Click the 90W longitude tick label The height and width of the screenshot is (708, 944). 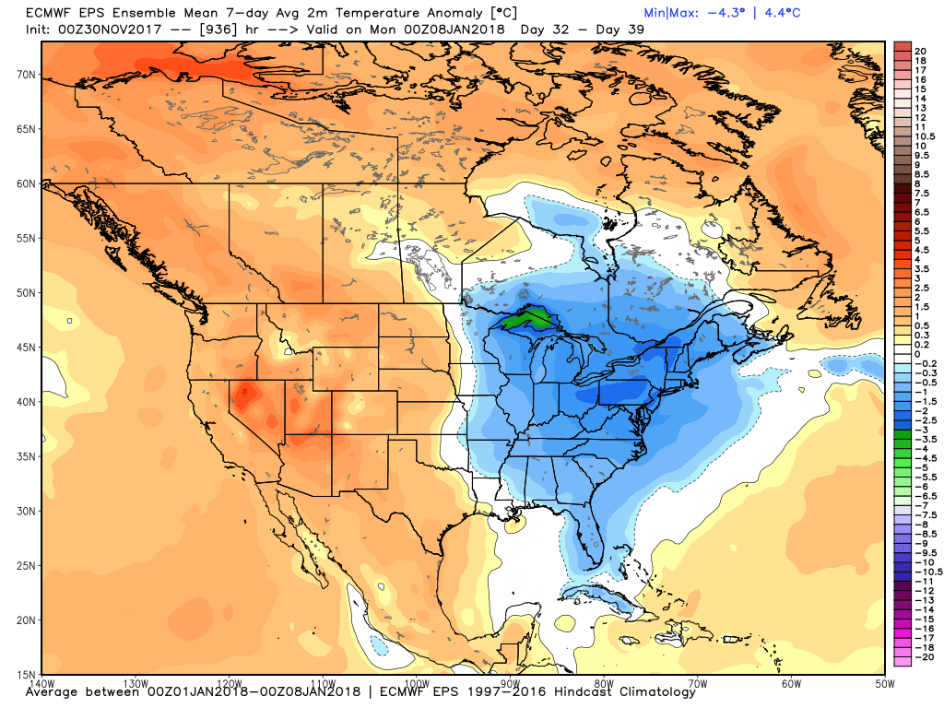tap(509, 683)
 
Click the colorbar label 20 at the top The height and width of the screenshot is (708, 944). tap(919, 50)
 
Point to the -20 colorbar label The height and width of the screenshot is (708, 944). tap(921, 656)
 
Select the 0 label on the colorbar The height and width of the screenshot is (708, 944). tap(916, 354)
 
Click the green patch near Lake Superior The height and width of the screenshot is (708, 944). tap(524, 321)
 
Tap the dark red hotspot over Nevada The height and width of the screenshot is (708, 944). tap(244, 395)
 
